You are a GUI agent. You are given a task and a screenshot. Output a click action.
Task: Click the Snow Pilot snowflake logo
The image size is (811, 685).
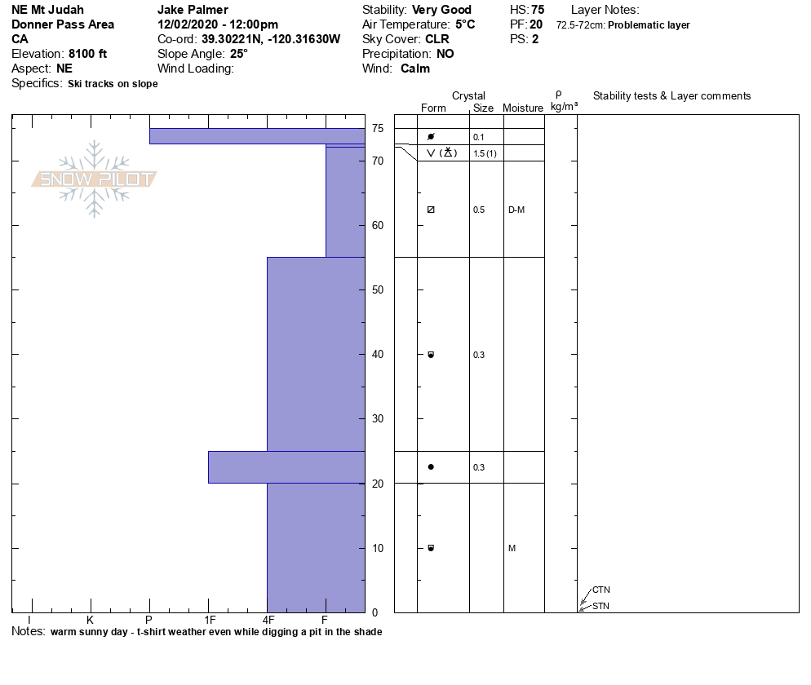[x=94, y=179]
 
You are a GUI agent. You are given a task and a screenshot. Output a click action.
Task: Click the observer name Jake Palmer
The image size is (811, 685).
[x=193, y=10]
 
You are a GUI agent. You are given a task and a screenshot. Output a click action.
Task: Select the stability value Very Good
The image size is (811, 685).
[x=441, y=10]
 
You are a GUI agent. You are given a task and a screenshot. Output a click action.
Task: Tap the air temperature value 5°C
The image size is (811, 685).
[x=465, y=24]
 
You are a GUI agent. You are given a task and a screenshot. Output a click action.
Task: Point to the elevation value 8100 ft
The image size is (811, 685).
[x=87, y=54]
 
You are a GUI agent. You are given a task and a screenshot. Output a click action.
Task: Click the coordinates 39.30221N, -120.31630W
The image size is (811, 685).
[x=271, y=39]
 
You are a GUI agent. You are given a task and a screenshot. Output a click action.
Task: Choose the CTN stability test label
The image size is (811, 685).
[x=601, y=590]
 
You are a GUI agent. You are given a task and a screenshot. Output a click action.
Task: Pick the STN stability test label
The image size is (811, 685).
[x=600, y=606]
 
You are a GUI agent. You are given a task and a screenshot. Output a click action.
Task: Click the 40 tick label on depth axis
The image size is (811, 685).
[x=378, y=354]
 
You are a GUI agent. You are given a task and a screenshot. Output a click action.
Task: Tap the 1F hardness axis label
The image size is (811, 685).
[x=210, y=620]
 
